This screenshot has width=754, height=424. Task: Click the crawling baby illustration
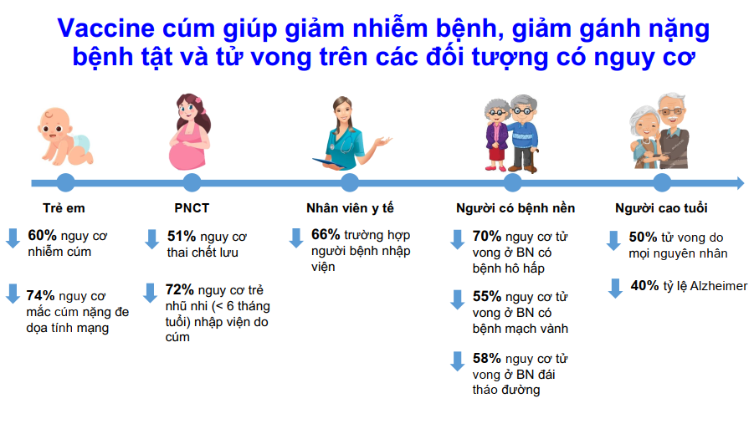65,136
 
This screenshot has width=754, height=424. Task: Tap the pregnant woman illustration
190,132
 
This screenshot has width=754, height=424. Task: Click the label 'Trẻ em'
64,208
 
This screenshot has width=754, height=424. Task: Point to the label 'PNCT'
192,208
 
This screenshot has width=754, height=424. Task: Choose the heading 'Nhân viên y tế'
350,208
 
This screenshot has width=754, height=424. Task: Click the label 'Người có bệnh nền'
515,208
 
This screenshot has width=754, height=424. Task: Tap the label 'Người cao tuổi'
661,208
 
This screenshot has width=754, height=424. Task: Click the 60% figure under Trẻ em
43,235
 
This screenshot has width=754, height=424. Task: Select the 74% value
40,295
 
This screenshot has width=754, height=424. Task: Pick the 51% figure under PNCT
182,236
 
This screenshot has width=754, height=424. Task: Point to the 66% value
326,234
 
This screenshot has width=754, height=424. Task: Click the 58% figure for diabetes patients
487,358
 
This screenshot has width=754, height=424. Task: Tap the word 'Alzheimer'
719,285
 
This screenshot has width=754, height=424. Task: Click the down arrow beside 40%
615,288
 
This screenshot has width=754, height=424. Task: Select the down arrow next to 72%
150,292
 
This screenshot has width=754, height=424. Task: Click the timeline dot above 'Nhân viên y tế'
350,182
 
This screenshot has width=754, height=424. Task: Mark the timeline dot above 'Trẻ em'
65,182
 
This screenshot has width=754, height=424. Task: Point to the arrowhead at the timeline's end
740,182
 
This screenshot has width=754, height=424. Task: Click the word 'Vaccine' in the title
105,28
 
